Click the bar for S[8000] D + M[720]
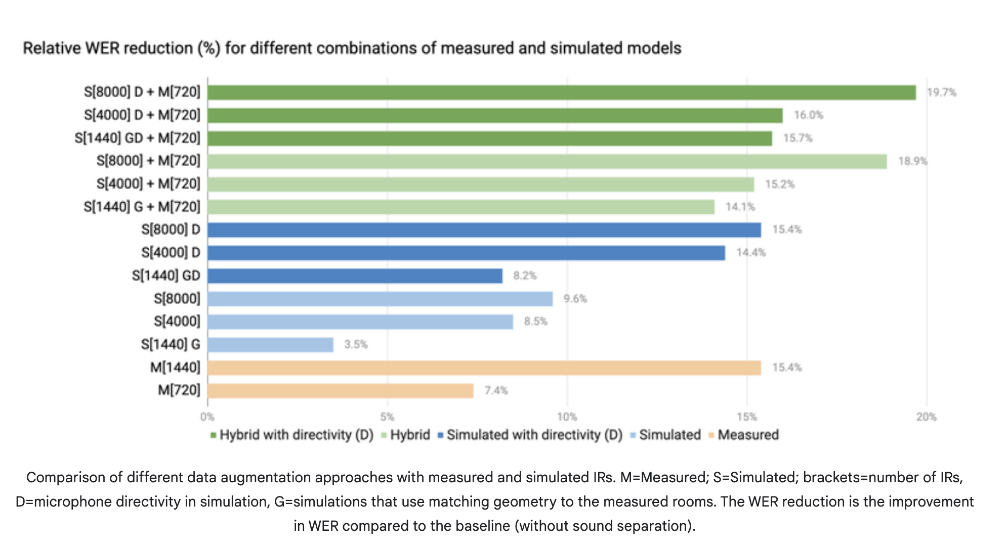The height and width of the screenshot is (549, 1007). tap(561, 93)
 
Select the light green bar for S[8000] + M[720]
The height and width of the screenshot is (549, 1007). tap(547, 161)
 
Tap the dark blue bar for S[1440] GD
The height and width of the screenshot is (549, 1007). tap(355, 276)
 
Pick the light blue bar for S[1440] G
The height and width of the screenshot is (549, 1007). tap(270, 345)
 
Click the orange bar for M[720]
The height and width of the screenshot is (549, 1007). tap(340, 391)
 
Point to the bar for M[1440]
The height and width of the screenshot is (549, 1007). tap(484, 368)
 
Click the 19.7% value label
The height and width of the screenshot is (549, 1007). tap(941, 93)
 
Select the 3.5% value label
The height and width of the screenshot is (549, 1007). tap(356, 345)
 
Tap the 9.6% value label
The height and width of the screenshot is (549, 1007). tap(575, 299)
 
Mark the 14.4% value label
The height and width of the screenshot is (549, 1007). tap(750, 253)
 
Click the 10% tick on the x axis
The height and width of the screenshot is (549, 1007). tap(567, 417)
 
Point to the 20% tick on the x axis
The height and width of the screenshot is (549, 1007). tap(926, 417)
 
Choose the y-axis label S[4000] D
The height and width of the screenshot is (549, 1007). tap(171, 253)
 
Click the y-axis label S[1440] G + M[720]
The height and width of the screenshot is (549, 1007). tap(142, 207)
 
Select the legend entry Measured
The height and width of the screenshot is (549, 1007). tap(747, 435)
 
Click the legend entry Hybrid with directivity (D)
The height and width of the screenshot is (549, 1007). tap(296, 435)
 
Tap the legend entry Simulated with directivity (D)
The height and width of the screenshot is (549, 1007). tap(534, 435)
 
